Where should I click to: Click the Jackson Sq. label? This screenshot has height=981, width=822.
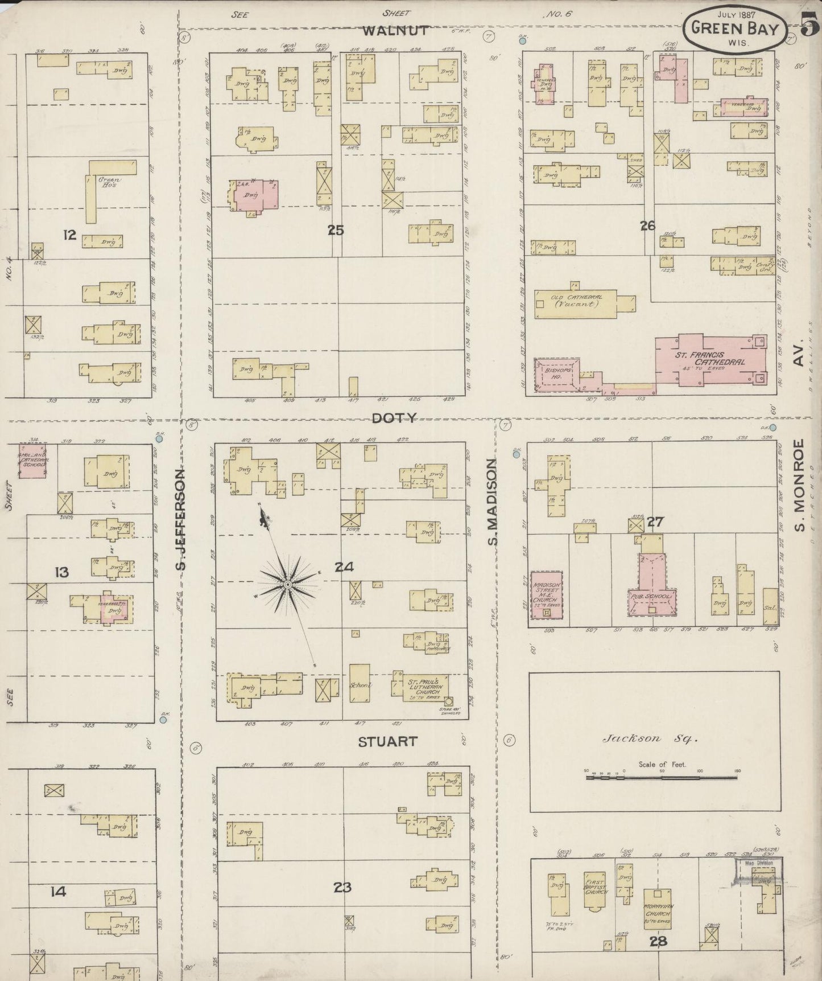click(x=650, y=739)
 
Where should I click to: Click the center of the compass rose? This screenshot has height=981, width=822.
click(x=288, y=584)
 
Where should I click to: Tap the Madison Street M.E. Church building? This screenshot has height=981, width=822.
click(x=547, y=595)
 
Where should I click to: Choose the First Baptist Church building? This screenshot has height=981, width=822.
click(x=595, y=891)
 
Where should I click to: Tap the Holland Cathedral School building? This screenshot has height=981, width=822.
click(x=33, y=459)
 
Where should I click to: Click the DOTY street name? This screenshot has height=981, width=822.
click(x=394, y=418)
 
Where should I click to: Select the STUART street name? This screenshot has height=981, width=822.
click(x=388, y=741)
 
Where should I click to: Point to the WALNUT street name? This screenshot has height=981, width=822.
click(x=394, y=31)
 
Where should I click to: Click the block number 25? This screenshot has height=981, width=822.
click(x=336, y=231)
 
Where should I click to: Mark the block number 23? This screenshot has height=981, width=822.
click(x=342, y=887)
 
